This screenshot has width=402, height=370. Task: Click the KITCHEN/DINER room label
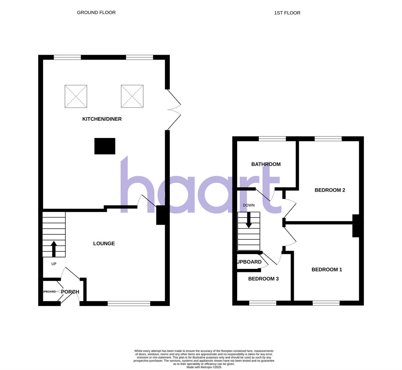coord(102,119)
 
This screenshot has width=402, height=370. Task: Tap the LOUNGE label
coord(104,243)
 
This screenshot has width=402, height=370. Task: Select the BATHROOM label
coord(266,164)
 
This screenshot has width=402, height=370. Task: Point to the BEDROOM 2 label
coord(330,190)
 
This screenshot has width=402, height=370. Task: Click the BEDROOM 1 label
coord(327,270)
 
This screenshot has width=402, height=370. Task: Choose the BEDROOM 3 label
coord(263,279)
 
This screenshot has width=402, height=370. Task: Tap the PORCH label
coord(70,292)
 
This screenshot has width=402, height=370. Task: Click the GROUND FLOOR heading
coord(96,12)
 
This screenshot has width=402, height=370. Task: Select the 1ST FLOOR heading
coord(287,13)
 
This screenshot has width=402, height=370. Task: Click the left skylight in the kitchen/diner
coord(76,96)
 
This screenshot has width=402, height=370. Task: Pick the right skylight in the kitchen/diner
coord(132,96)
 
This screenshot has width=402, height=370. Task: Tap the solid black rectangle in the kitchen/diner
coord(105,146)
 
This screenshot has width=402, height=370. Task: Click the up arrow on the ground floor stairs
coord(53,248)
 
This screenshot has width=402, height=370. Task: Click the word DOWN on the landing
coord(249,205)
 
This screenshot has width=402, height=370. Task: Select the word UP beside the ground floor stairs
coord(54,264)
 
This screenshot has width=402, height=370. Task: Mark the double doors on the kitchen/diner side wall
coord(174,109)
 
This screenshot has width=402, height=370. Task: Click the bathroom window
coord(272,138)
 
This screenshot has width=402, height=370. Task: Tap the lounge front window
coord(129,304)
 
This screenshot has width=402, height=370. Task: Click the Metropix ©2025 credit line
coord(204,367)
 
